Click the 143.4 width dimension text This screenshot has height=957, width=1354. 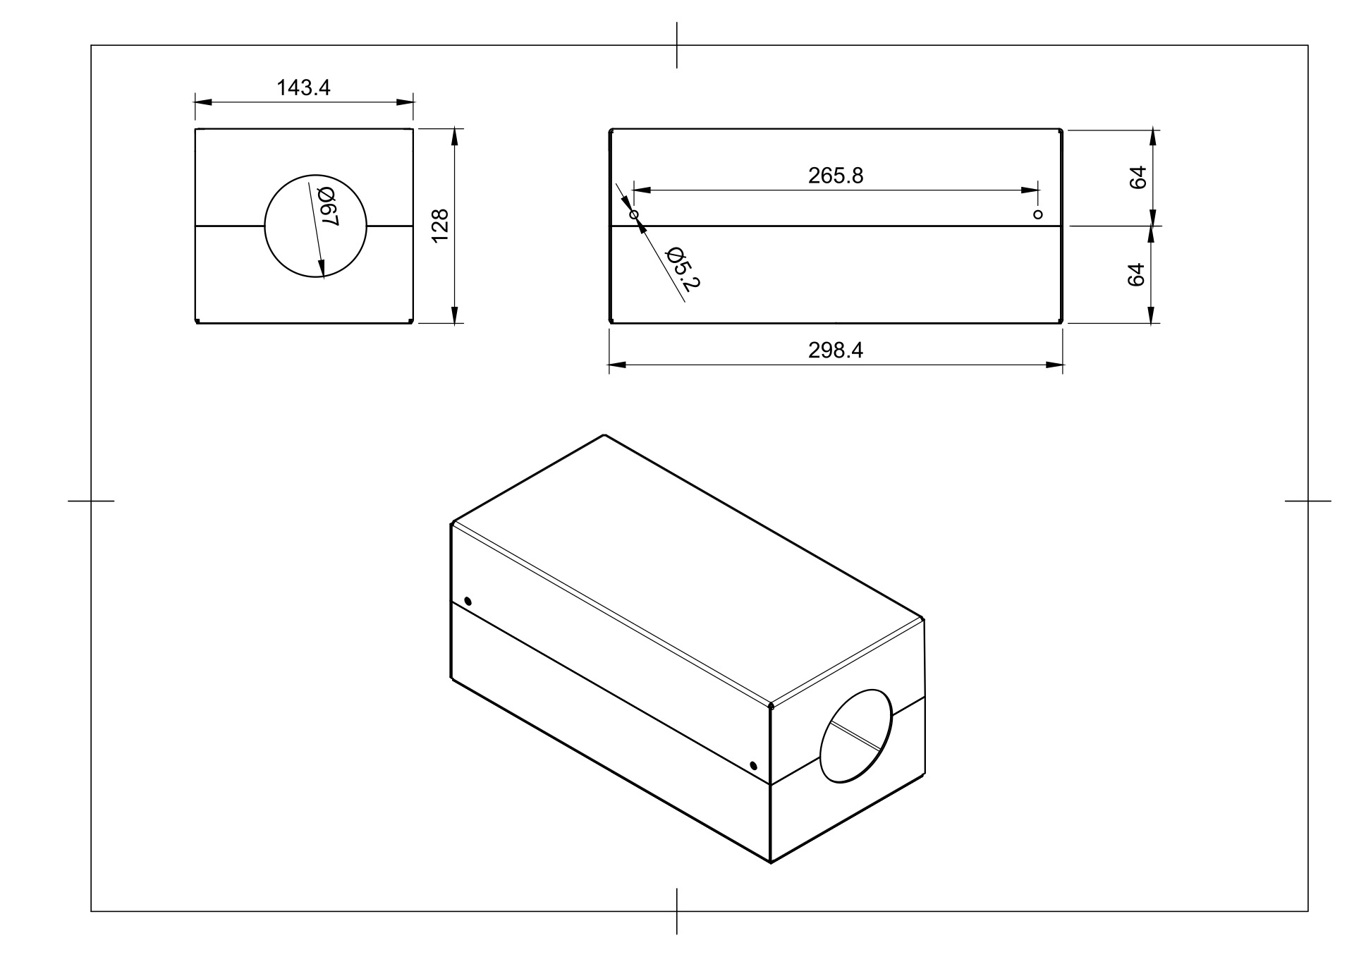click(303, 87)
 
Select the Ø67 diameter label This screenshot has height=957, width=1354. click(329, 207)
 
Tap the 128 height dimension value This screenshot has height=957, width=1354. click(440, 226)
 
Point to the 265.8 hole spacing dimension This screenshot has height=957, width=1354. click(836, 176)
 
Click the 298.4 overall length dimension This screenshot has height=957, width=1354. click(836, 350)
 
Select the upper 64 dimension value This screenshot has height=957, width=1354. click(1137, 177)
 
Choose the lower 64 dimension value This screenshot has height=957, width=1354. click(1136, 274)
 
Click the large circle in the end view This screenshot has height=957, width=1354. click(264, 226)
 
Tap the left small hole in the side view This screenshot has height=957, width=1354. click(633, 214)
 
